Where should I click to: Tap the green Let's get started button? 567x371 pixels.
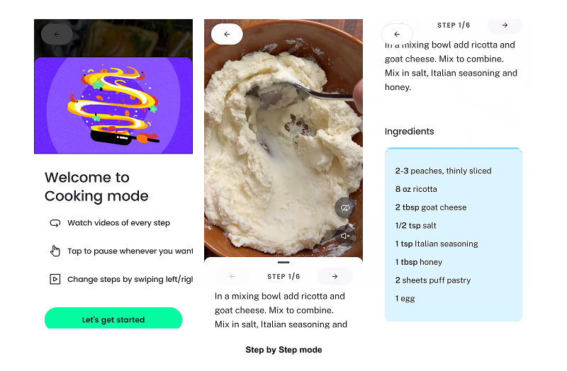(113, 319)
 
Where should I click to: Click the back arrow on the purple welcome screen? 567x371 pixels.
(57, 34)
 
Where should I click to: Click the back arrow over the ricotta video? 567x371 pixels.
(227, 34)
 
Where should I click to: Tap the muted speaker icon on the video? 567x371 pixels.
(345, 236)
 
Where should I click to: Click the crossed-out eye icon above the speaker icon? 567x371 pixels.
(345, 207)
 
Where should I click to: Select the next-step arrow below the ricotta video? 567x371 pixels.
(335, 276)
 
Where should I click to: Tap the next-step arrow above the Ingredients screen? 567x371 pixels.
(505, 25)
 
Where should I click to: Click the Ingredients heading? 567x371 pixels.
(410, 132)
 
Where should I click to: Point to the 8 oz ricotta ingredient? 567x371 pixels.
(416, 189)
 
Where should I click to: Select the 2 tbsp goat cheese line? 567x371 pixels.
(431, 207)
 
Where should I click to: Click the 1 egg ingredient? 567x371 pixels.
(405, 299)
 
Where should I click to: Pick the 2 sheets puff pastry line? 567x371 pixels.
(433, 280)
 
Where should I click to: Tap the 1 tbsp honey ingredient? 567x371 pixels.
(419, 262)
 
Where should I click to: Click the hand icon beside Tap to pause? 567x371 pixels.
(55, 251)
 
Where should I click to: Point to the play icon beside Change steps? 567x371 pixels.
(55, 279)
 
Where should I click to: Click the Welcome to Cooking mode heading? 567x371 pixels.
(96, 187)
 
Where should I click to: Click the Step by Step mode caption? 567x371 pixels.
(284, 350)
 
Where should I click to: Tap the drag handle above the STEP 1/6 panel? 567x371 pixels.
(283, 262)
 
